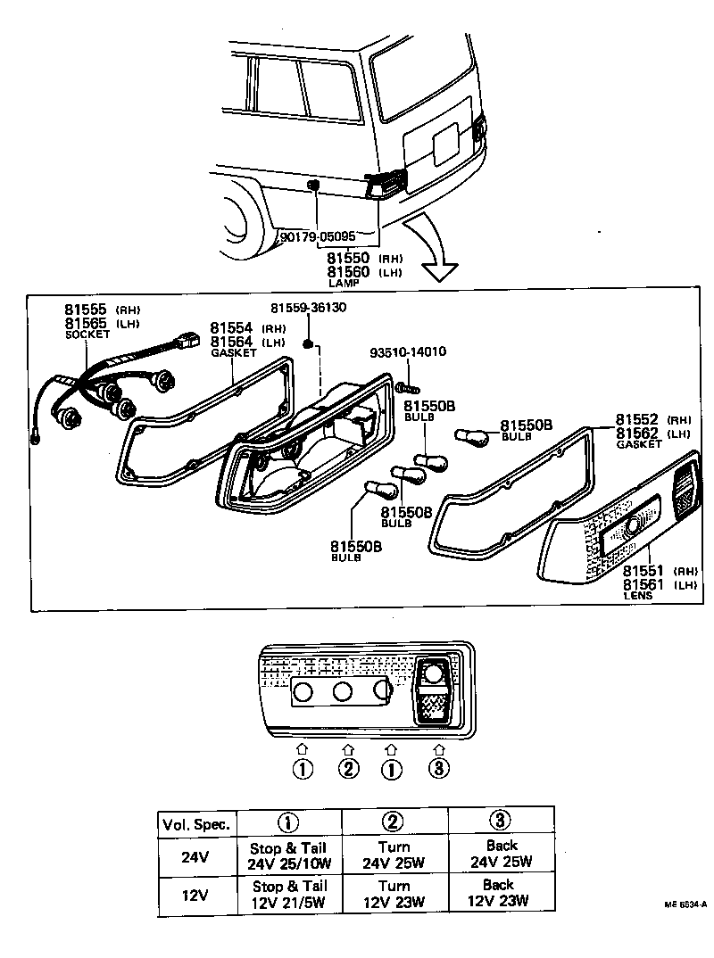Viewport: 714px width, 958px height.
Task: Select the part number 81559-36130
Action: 309,308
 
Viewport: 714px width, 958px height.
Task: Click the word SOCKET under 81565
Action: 87,334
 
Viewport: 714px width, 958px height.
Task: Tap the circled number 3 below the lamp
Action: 437,768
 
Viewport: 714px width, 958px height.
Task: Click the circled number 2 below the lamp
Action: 347,768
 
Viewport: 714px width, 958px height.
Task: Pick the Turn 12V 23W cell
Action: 394,893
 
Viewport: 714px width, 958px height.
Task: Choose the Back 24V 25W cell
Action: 501,854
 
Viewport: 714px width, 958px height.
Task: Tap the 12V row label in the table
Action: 195,894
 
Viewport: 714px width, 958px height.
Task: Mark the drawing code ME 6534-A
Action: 685,904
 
